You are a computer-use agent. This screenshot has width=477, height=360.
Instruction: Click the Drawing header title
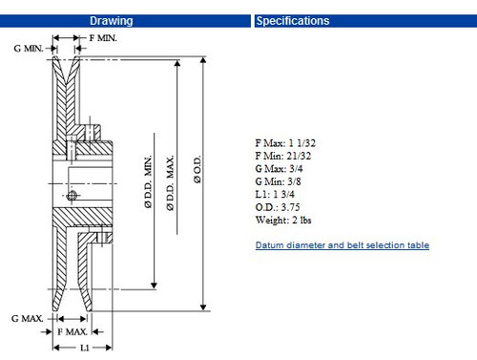click(111, 21)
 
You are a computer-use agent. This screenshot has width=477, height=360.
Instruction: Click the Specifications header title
click(293, 21)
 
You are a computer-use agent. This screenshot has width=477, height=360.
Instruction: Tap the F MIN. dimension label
click(103, 38)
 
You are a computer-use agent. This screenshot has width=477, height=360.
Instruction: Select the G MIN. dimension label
click(29, 49)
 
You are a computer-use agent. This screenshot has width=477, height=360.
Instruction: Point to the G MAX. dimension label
click(27, 318)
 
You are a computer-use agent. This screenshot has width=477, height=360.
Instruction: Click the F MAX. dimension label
click(73, 332)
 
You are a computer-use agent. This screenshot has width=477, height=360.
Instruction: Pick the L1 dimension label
click(84, 348)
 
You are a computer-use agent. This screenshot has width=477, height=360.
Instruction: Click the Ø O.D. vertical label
click(197, 169)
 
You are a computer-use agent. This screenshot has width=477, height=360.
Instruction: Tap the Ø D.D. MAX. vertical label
click(170, 182)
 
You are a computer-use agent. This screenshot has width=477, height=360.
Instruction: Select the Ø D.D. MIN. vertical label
click(148, 181)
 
